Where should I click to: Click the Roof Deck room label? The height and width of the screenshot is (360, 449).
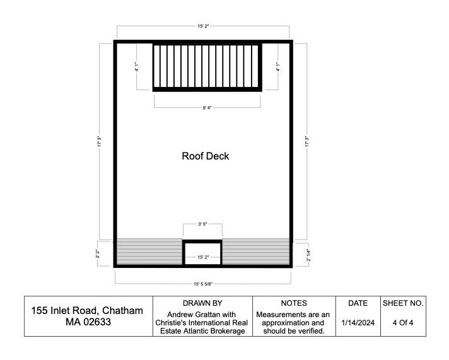pyautogui.click(x=205, y=156)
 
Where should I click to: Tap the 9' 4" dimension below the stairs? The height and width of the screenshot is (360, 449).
pyautogui.click(x=207, y=108)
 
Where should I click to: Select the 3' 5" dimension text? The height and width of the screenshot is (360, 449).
pyautogui.click(x=202, y=224)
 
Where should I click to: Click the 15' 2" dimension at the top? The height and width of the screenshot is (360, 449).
pyautogui.click(x=203, y=26)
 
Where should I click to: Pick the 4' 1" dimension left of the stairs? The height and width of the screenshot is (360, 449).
pyautogui.click(x=137, y=66)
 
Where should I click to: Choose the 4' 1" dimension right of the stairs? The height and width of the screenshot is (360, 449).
pyautogui.click(x=277, y=66)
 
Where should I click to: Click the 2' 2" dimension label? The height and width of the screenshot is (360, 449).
pyautogui.click(x=98, y=253)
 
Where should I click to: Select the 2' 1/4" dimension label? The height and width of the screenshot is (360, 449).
pyautogui.click(x=308, y=255)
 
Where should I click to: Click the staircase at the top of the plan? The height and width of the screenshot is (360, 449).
pyautogui.click(x=207, y=66)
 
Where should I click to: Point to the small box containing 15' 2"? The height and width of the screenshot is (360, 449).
pyautogui.click(x=202, y=253)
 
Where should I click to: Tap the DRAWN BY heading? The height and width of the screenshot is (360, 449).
pyautogui.click(x=202, y=303)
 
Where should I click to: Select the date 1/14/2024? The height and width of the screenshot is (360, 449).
pyautogui.click(x=357, y=323)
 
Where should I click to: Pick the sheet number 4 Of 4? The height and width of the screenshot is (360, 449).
pyautogui.click(x=403, y=323)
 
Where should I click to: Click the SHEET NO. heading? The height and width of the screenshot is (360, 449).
pyautogui.click(x=403, y=303)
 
